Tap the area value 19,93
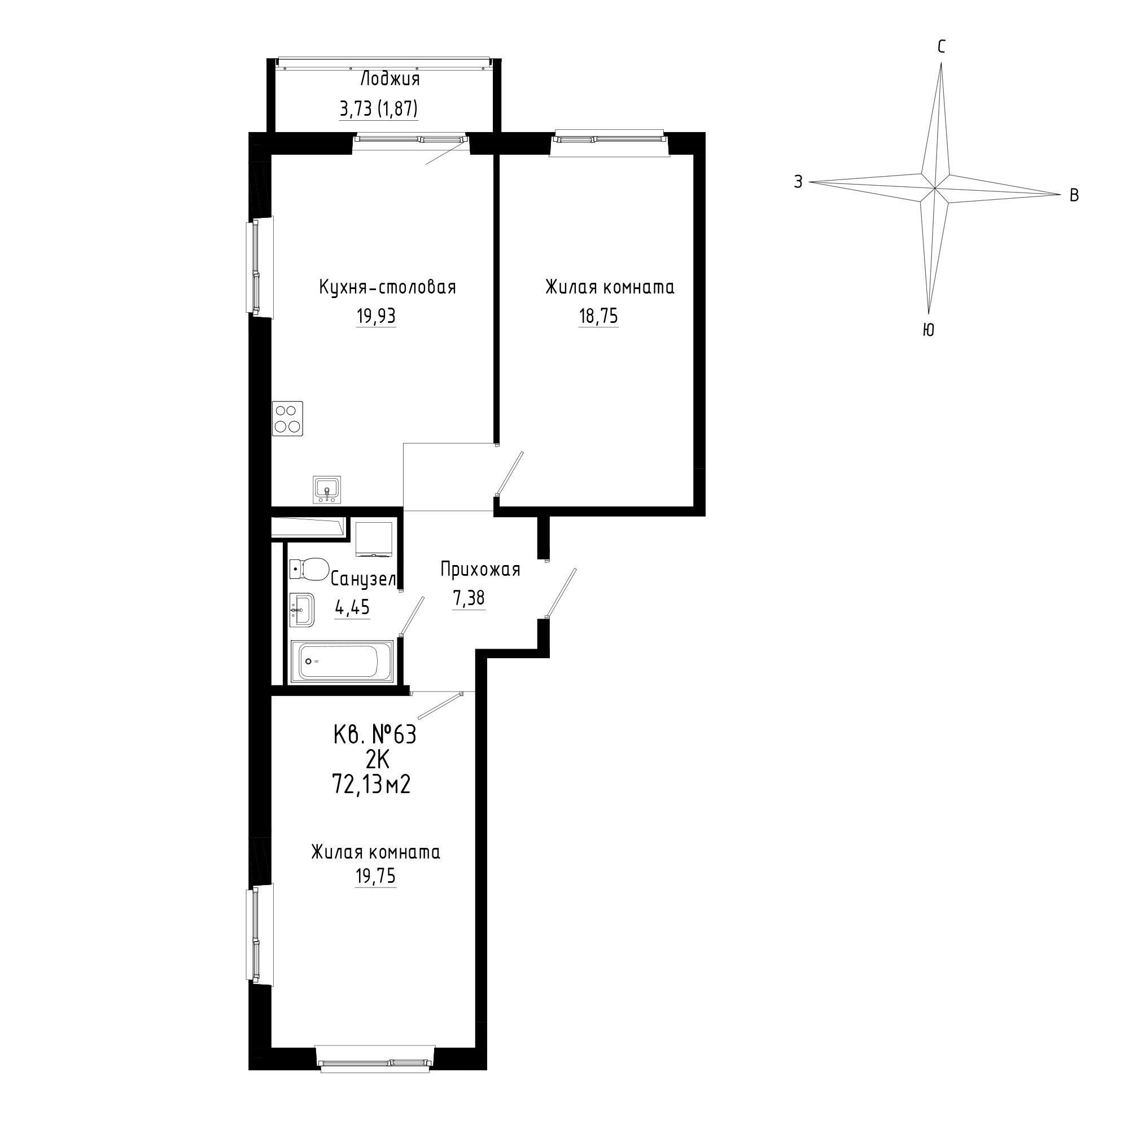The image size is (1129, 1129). click(x=376, y=316)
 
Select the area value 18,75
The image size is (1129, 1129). click(x=598, y=316)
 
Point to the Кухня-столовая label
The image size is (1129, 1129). click(x=387, y=287)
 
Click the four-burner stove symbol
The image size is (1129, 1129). click(x=287, y=418)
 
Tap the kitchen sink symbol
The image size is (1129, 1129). click(x=328, y=489)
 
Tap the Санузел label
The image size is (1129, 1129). click(x=364, y=579)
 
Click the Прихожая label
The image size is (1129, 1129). click(x=480, y=569)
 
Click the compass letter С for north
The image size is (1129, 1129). click(x=942, y=47)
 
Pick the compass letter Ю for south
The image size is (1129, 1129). click(x=928, y=330)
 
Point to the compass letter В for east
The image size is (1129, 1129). click(x=1074, y=196)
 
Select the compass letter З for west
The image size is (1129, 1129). click(x=798, y=182)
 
